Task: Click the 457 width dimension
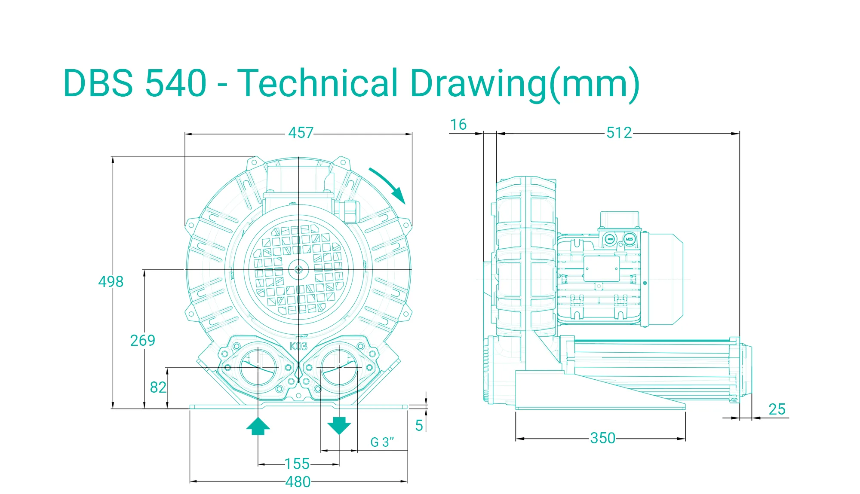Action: click(301, 133)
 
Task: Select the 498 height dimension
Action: click(111, 282)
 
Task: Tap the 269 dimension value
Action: click(143, 341)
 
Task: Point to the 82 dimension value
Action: click(158, 387)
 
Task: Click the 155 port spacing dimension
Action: click(297, 464)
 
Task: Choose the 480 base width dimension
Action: click(298, 482)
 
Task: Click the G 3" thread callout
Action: click(382, 442)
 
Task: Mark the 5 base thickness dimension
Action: click(419, 426)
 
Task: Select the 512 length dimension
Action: click(619, 133)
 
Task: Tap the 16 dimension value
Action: click(458, 125)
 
